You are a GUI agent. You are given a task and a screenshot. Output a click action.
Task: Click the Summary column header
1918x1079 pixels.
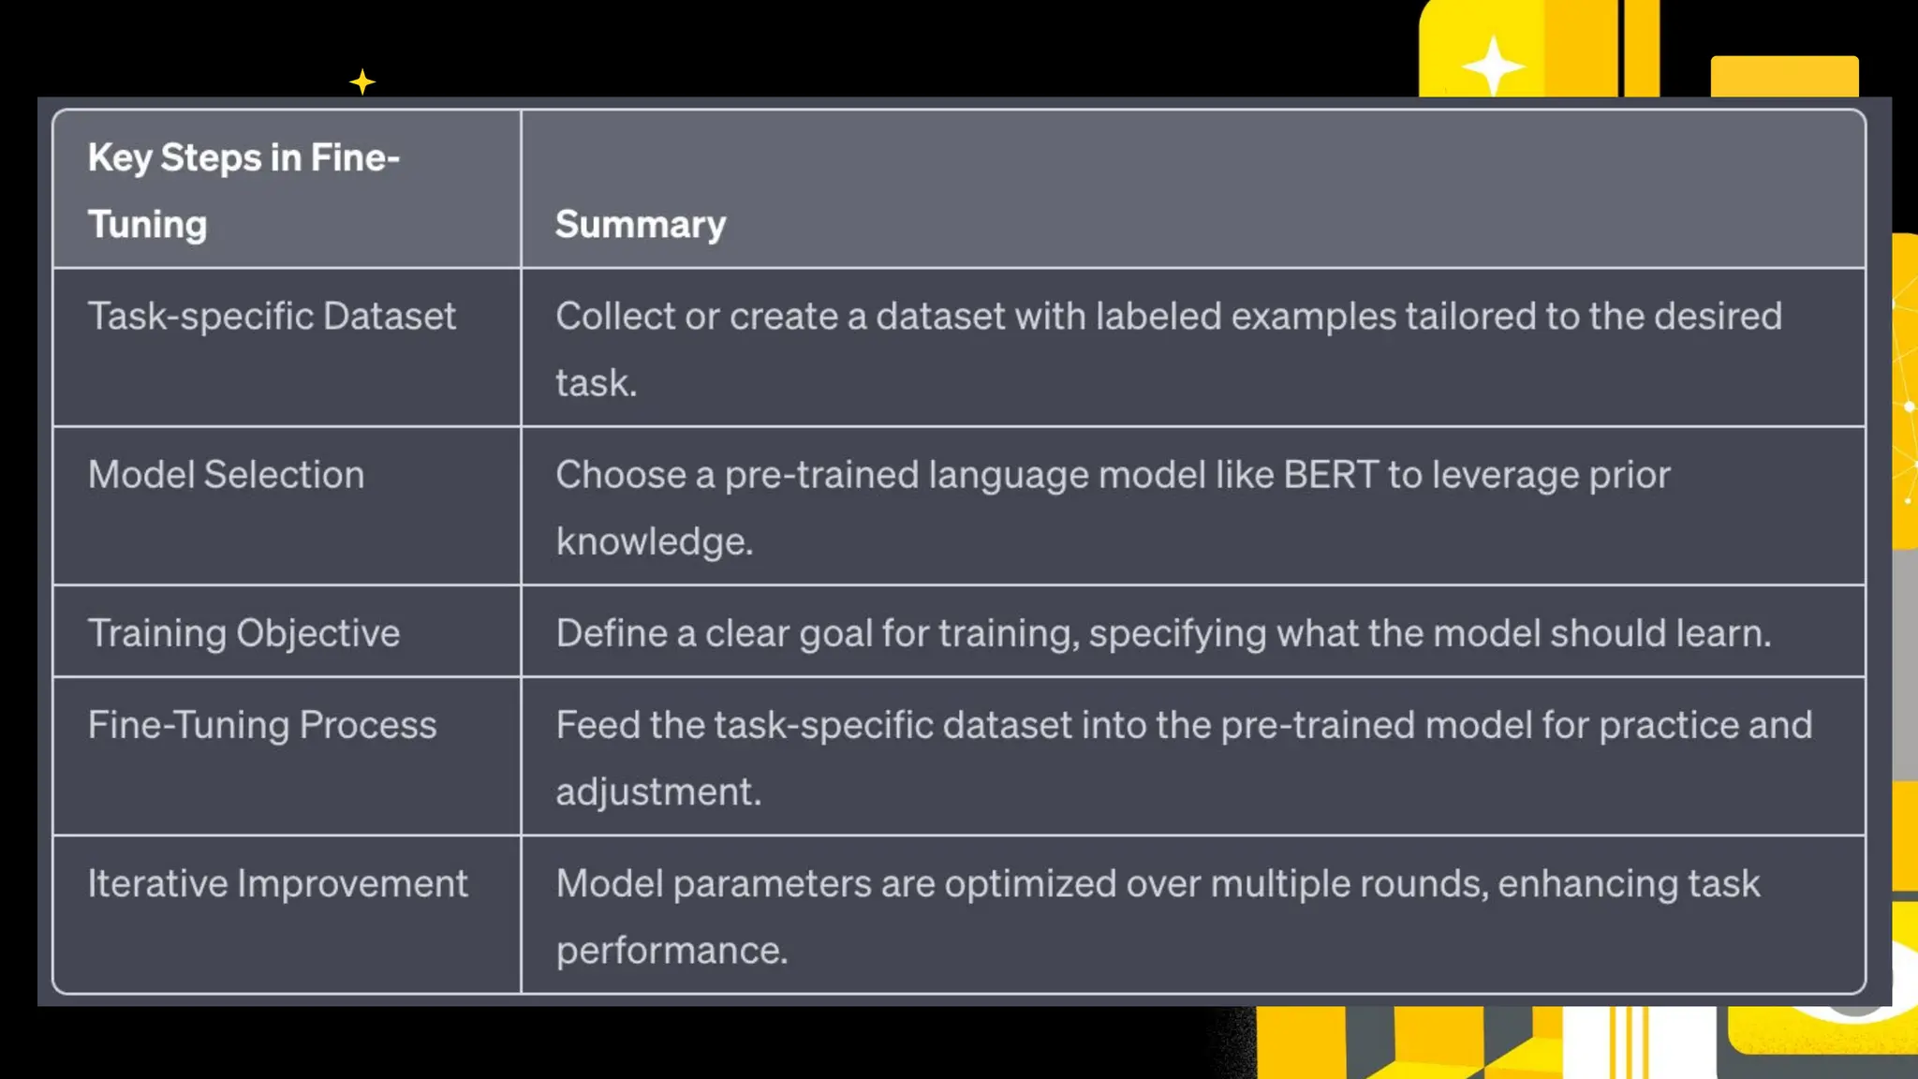641,225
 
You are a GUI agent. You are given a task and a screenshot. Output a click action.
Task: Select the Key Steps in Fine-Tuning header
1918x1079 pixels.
243,190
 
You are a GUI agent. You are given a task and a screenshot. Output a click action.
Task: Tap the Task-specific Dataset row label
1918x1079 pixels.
272,317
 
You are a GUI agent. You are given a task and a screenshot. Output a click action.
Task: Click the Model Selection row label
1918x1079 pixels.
226,475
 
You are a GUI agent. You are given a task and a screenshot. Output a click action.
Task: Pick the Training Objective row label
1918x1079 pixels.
243,634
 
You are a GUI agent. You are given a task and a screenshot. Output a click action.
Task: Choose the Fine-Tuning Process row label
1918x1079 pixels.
262,726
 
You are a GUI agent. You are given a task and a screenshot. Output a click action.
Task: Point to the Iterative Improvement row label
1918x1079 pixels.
277,884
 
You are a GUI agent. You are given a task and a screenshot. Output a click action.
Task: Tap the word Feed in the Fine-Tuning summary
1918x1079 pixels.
598,726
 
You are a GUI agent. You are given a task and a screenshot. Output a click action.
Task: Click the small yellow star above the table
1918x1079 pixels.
362,82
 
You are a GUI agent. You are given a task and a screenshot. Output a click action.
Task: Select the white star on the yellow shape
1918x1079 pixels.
1493,66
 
